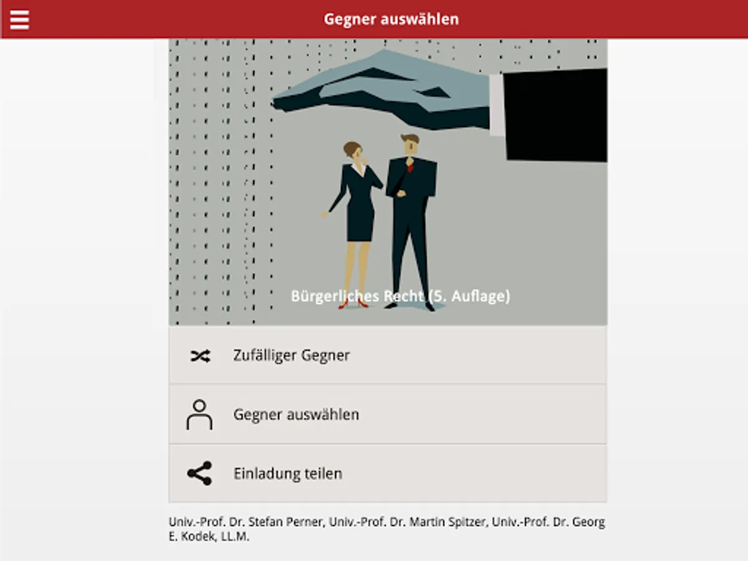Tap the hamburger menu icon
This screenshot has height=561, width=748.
coord(19,20)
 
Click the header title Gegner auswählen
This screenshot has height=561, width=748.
coord(391,19)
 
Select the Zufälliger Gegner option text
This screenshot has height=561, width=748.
coord(291,355)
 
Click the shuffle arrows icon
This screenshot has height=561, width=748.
coord(200,356)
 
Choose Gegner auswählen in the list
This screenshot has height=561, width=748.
coord(296,415)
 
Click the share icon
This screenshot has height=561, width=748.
coord(199,473)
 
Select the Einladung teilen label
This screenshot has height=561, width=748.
coord(288,474)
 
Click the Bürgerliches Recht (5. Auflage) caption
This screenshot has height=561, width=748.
coord(400,296)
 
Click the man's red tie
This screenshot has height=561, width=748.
coord(410,167)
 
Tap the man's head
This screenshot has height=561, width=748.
coord(411,144)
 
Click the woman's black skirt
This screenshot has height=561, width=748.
coord(360,221)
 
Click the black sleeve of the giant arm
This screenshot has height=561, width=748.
coord(555,115)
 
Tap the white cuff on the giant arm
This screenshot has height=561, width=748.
coord(497,105)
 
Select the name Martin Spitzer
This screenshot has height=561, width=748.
coord(448,522)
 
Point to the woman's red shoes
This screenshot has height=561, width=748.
coord(353,304)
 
